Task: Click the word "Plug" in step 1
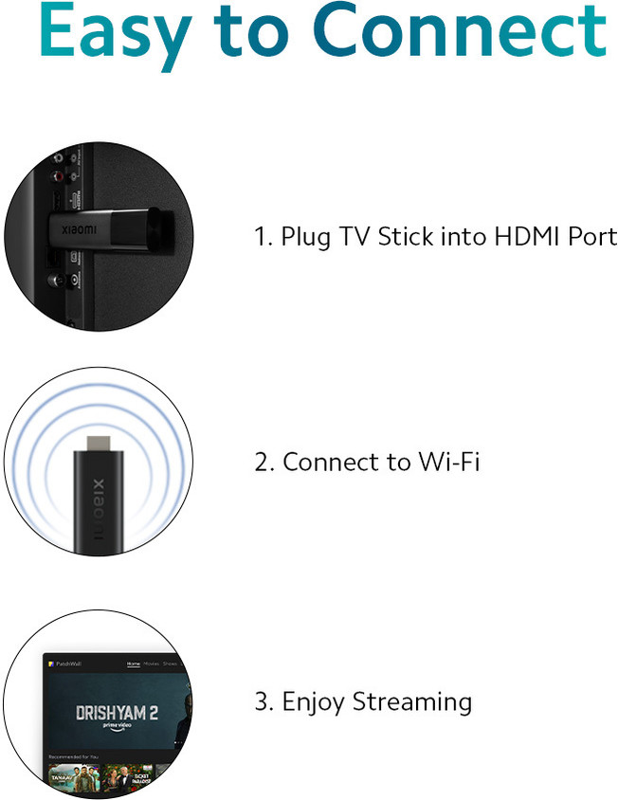[x=303, y=238]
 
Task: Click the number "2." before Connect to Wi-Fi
[x=264, y=464]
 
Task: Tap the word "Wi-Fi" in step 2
[x=447, y=463]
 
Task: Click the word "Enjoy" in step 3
[x=314, y=703]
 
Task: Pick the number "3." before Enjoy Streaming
[x=264, y=703]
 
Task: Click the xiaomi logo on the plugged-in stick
[x=79, y=229]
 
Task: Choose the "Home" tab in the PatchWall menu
[x=134, y=664]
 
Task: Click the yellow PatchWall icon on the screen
[x=52, y=664]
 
